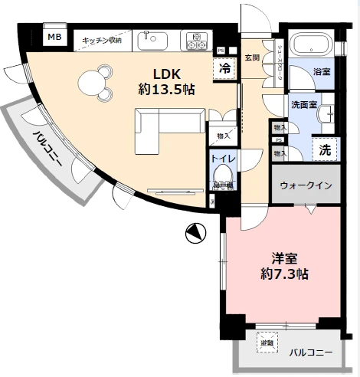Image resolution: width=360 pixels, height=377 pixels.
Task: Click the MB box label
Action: coord(54,36)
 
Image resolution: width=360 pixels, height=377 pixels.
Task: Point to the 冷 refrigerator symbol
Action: coord(225,67)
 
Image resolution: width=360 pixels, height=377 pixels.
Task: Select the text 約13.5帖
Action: coord(166,90)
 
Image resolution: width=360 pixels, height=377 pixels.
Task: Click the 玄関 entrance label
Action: coord(252,57)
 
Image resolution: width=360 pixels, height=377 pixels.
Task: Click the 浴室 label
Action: coord(321,71)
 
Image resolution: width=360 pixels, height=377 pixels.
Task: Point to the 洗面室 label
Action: coord(303,104)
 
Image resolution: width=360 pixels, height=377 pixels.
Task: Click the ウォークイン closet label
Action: coord(306,185)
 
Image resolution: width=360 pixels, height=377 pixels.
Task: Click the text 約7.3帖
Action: coord(283,274)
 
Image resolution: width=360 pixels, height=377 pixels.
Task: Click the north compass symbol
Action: coord(196,232)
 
